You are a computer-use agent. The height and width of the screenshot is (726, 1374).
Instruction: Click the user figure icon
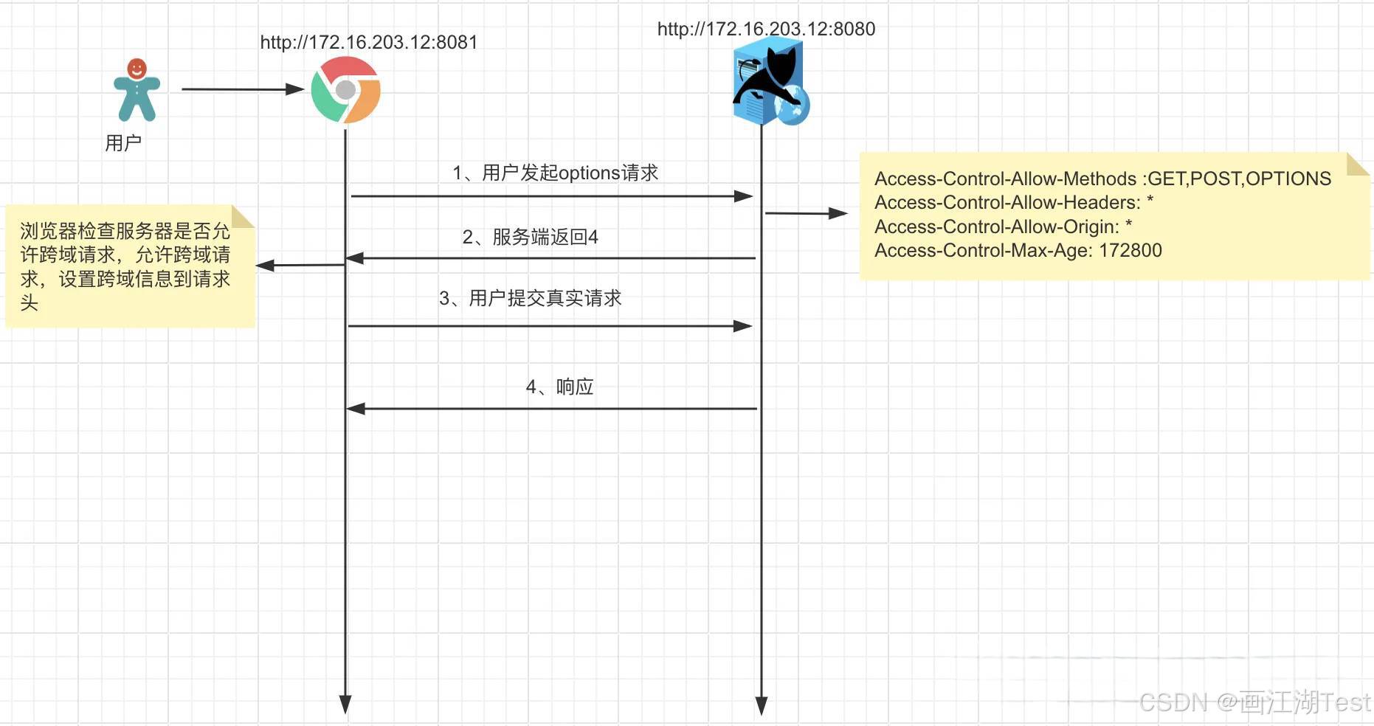[137, 90]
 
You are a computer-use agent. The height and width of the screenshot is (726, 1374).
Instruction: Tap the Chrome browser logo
[345, 90]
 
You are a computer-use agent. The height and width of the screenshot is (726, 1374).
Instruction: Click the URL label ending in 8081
[369, 43]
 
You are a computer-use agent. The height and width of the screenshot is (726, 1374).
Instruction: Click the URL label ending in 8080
[766, 30]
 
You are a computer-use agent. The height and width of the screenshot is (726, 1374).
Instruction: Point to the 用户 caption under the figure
[123, 142]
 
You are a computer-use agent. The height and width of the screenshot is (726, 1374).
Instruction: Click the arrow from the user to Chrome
[242, 89]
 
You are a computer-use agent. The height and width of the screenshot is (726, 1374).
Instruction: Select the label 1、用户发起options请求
[555, 173]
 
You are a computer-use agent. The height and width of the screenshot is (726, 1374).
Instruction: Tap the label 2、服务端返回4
[530, 237]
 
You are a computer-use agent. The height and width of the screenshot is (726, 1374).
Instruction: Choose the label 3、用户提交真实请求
[530, 298]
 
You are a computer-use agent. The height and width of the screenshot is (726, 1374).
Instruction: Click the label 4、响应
[559, 387]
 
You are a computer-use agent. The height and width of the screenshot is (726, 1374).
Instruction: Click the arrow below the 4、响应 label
[551, 408]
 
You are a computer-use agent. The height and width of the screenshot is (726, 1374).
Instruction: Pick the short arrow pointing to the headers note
[806, 213]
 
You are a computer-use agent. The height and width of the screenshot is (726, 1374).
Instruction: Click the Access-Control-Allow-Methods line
[1102, 179]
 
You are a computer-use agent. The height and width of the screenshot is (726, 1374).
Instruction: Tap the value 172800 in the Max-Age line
[1130, 251]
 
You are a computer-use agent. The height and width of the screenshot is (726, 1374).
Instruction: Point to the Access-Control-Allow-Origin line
[1003, 227]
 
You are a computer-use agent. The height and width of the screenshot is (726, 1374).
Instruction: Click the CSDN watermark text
[1254, 702]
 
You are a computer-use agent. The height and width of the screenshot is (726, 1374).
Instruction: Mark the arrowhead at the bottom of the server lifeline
[762, 705]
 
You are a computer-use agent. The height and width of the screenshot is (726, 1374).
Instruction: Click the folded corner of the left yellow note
[242, 215]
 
